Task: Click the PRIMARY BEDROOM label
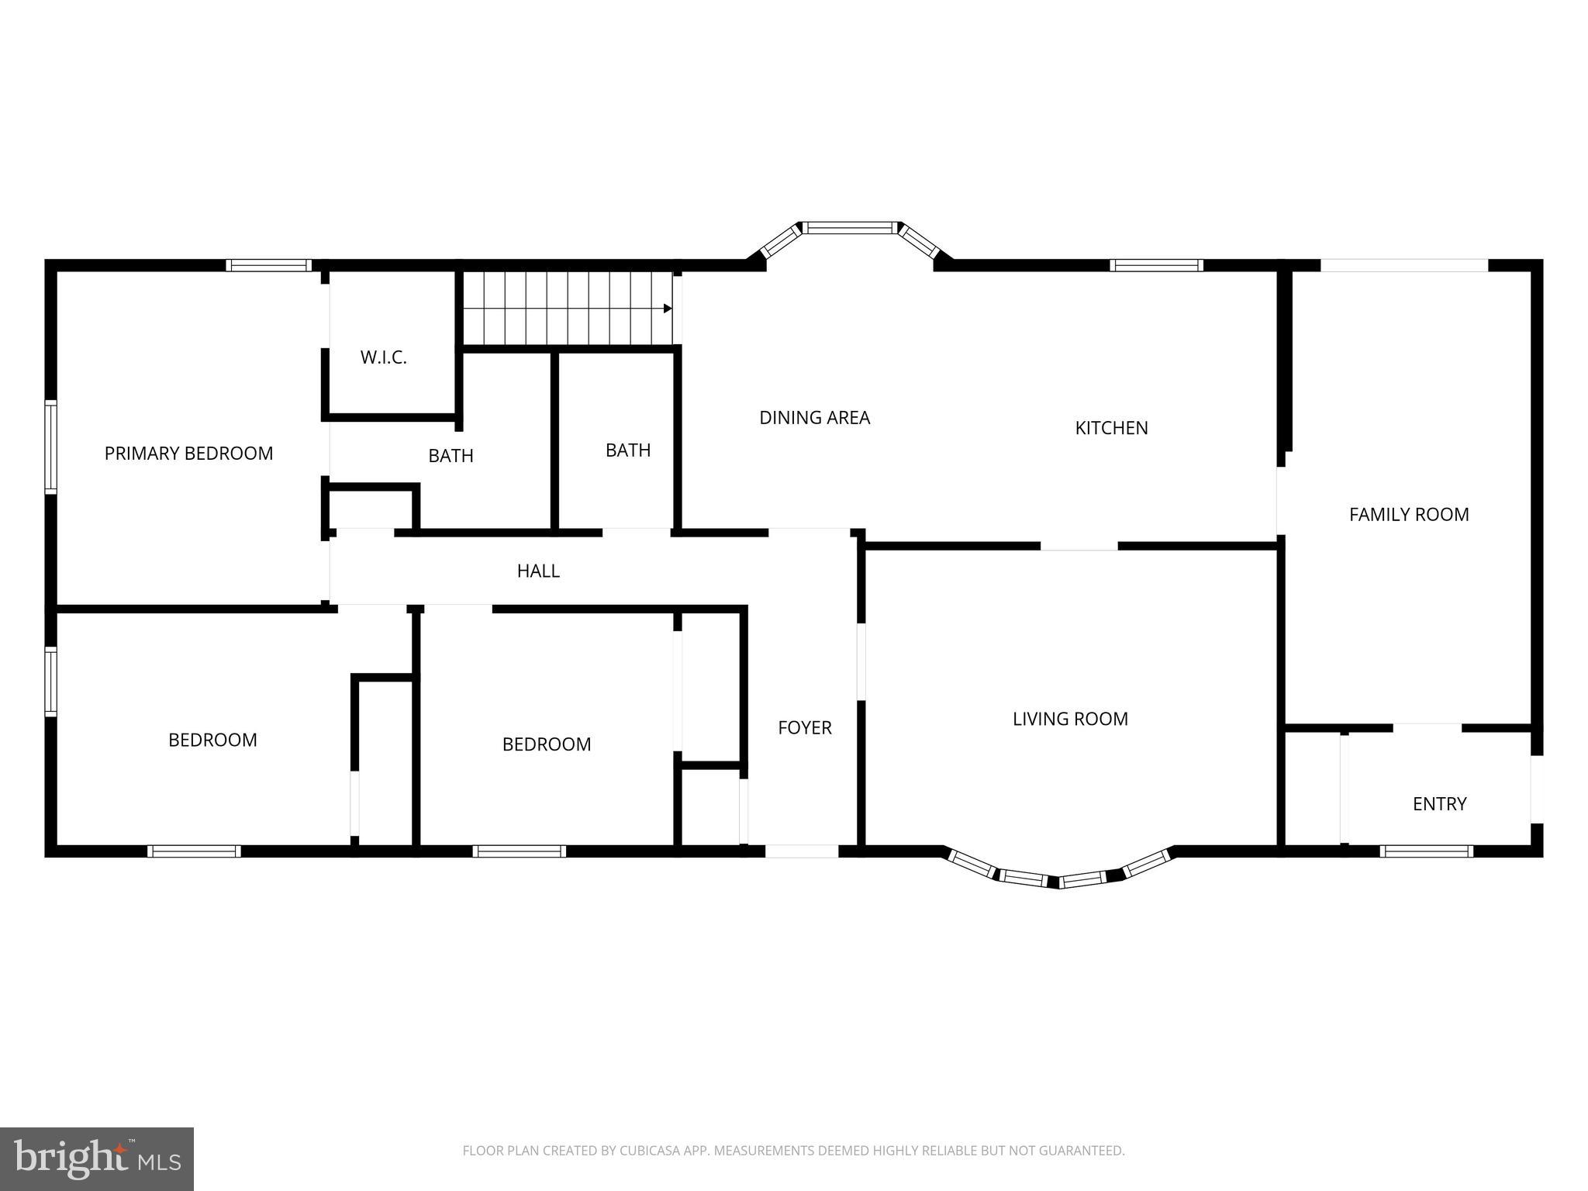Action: [188, 453]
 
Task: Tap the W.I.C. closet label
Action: [383, 357]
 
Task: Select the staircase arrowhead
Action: [668, 309]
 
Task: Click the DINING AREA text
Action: [814, 418]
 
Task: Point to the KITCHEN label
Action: [1111, 428]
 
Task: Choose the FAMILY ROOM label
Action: [1409, 515]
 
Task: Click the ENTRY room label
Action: [1439, 804]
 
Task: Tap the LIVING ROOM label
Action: [1070, 719]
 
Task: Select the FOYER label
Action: [805, 727]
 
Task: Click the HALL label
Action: [538, 571]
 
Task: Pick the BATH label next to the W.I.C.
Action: [451, 456]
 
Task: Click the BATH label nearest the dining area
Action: [627, 451]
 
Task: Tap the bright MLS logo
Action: [96, 1158]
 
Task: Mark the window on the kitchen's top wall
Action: [1156, 265]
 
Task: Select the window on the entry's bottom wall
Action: [1426, 851]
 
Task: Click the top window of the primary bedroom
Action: [268, 265]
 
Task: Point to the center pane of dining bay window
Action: [851, 227]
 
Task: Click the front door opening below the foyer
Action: [802, 851]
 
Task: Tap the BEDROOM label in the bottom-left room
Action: [212, 740]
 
